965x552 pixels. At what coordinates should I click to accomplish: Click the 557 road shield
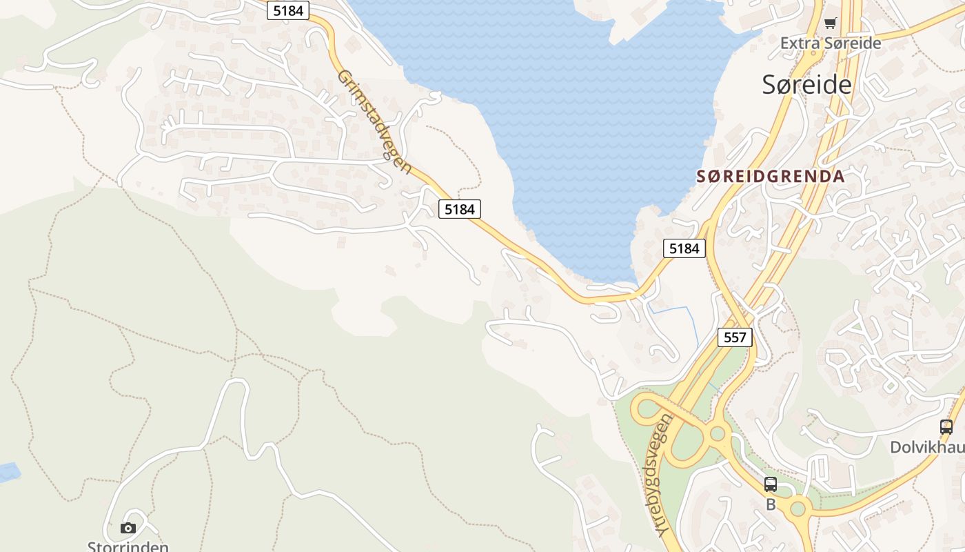(x=735, y=337)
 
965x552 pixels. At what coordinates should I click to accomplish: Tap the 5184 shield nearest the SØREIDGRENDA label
(x=684, y=248)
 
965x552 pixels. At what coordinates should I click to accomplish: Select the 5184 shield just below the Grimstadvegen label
(x=460, y=209)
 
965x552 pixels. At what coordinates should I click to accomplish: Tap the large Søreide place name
(x=806, y=84)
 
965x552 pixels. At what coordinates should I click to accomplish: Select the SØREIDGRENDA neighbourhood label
(x=770, y=176)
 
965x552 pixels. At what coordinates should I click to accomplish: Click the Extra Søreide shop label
(x=830, y=43)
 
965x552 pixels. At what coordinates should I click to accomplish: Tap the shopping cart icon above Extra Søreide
(x=830, y=23)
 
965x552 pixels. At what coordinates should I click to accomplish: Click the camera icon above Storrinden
(x=128, y=528)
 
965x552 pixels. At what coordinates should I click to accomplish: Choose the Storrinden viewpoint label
(x=128, y=546)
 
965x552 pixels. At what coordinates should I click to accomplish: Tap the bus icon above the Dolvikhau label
(x=946, y=427)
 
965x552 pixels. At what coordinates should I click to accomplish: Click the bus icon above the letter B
(x=771, y=484)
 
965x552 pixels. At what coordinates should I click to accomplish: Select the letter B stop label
(x=771, y=505)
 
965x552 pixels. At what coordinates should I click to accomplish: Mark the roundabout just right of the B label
(x=798, y=509)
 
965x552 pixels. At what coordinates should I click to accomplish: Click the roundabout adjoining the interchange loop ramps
(x=718, y=433)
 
